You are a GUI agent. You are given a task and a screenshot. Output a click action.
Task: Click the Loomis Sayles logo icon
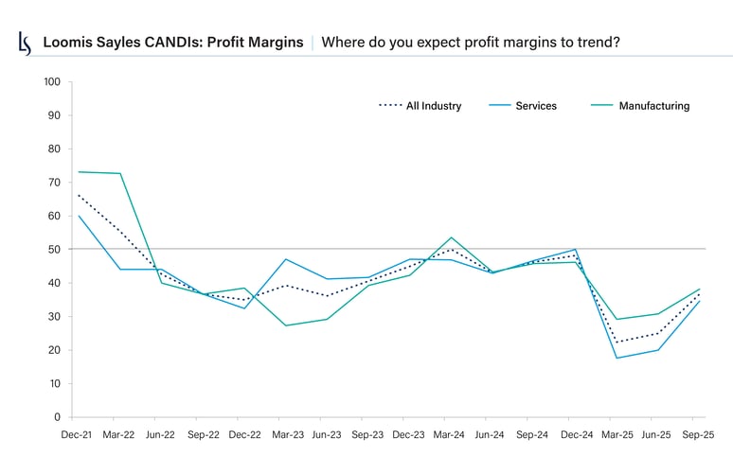pos(26,43)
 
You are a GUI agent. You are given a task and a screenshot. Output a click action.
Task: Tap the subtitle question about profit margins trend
pos(472,43)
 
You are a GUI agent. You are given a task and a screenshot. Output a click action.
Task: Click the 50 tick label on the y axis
pos(55,250)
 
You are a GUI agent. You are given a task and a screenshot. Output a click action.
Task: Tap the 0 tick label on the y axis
pos(58,417)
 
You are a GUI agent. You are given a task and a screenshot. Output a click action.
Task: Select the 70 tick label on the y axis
pos(55,183)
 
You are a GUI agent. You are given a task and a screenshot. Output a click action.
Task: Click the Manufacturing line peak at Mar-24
pos(451,237)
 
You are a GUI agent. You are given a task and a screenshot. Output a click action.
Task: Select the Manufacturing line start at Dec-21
pos(78,172)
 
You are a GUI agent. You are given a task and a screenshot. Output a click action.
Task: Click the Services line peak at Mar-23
pos(285,259)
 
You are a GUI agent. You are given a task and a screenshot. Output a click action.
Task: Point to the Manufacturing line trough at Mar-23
pos(285,325)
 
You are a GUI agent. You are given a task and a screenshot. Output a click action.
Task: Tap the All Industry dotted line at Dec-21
pos(78,195)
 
